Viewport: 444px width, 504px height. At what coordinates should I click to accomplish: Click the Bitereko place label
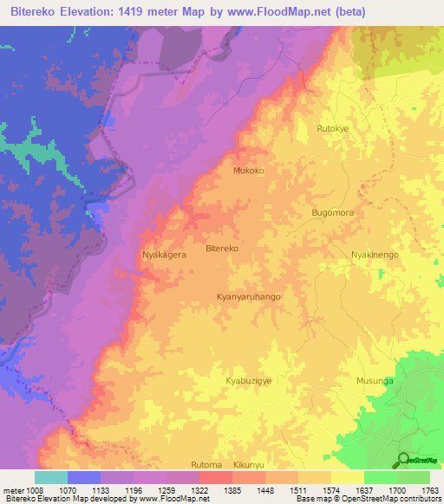tap(221, 249)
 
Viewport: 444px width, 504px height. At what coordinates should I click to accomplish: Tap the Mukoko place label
tap(248, 171)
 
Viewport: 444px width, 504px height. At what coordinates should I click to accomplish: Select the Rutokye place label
tap(333, 129)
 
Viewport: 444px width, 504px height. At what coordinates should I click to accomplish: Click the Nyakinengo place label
tap(375, 255)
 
